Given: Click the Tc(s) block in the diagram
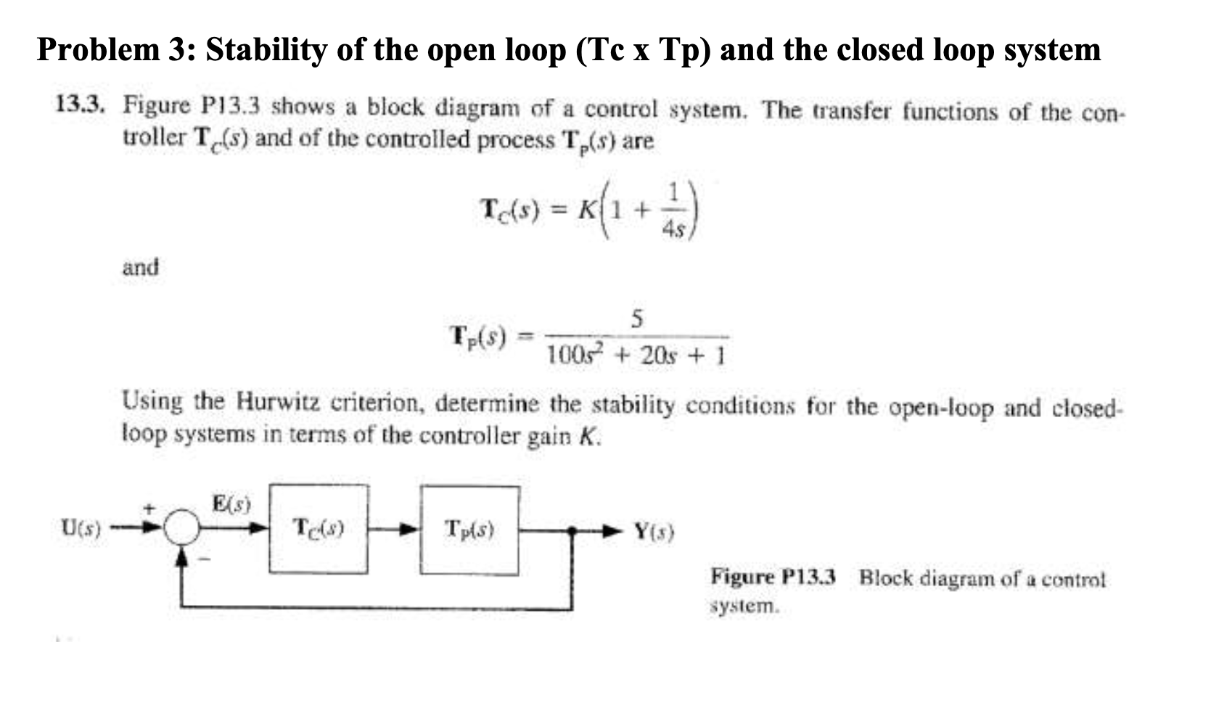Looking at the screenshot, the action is coord(318,530).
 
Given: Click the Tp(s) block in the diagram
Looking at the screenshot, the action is coord(469,530).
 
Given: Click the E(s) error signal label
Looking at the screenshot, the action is coord(231,502).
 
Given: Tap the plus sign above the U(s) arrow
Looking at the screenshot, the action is coord(152,509).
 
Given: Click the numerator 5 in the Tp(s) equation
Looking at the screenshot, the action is coord(637,318).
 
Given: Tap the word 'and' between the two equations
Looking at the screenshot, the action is coord(141,267).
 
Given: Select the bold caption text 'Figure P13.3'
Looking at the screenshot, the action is coord(773,578).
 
